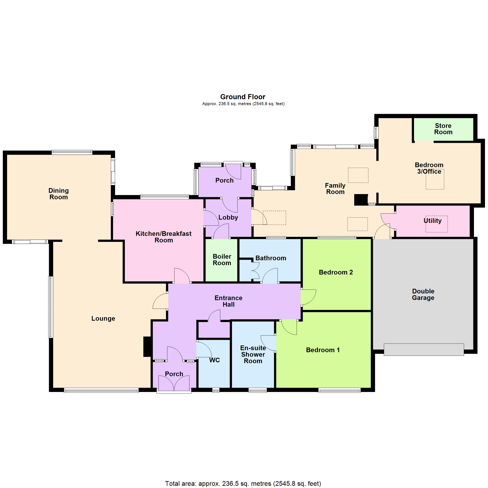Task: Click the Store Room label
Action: coord(443,129)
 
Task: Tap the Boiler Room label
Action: coord(222,260)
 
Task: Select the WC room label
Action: coord(215,360)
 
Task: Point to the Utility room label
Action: coord(432,220)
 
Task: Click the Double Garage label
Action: coord(423,294)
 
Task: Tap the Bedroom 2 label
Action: coord(336,272)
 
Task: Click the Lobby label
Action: coord(228,218)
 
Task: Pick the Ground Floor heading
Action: coord(243,97)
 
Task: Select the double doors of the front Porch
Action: coord(174,383)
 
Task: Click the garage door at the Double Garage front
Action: coord(424,350)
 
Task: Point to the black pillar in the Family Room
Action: coord(361,199)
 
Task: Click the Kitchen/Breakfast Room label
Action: coord(164,237)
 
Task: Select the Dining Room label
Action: coord(59,194)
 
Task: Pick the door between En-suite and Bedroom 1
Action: coord(268,343)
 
